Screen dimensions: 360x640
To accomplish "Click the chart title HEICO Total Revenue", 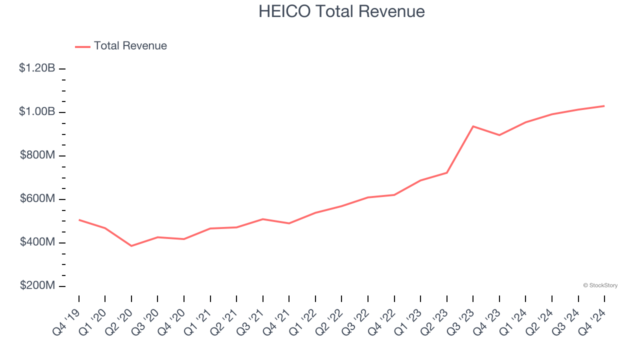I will (x=341, y=11).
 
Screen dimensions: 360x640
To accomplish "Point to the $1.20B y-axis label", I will (x=37, y=68).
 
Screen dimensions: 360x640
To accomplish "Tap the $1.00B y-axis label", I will (x=37, y=111).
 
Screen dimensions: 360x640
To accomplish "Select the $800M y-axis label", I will (x=37, y=155).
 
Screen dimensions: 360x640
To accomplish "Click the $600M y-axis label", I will (x=37, y=198).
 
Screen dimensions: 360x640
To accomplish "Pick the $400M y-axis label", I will (x=37, y=242).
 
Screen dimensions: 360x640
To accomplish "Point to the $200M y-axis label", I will (x=37, y=285).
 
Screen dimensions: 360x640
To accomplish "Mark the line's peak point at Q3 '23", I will (x=473, y=126).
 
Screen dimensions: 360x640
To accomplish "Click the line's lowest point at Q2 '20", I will (x=131, y=246).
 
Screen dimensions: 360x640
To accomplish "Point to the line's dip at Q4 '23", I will (x=499, y=135).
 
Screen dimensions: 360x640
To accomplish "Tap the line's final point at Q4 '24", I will (x=604, y=106).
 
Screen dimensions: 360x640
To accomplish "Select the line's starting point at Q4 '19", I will (x=79, y=220).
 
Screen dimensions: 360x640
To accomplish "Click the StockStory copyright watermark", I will (x=600, y=285).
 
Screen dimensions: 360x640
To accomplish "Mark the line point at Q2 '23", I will (x=447, y=173).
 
